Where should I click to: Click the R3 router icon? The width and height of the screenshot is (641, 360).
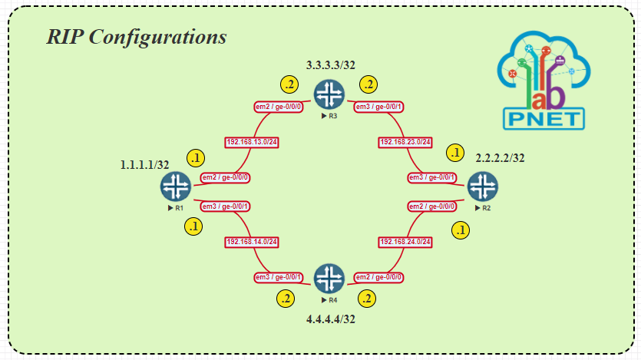[329, 95]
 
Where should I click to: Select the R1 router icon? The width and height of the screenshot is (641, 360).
[176, 187]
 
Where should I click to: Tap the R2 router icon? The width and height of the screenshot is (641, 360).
[483, 187]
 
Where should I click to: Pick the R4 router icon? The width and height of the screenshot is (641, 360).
[329, 278]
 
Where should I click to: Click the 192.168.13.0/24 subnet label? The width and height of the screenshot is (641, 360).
[251, 142]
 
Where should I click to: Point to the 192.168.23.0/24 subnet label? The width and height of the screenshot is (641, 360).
[406, 142]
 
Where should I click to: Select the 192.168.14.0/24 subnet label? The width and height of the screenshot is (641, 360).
[251, 242]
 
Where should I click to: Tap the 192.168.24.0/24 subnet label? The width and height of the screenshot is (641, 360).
[406, 242]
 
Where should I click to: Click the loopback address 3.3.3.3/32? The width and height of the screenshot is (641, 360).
[330, 65]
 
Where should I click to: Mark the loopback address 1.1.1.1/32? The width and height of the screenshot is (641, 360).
[144, 165]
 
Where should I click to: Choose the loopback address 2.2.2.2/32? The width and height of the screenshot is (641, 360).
[501, 158]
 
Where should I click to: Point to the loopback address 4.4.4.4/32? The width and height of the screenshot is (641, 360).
[330, 319]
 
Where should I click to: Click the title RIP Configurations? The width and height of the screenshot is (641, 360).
[137, 37]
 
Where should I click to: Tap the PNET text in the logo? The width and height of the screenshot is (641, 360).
[544, 118]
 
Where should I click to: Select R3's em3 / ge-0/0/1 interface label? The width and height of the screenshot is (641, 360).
[379, 107]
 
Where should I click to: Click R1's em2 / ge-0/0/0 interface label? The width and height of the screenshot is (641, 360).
[226, 177]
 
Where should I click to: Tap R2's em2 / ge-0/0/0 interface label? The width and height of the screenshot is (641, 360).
[431, 206]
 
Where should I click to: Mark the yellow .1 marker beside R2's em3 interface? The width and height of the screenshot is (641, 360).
[456, 153]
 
